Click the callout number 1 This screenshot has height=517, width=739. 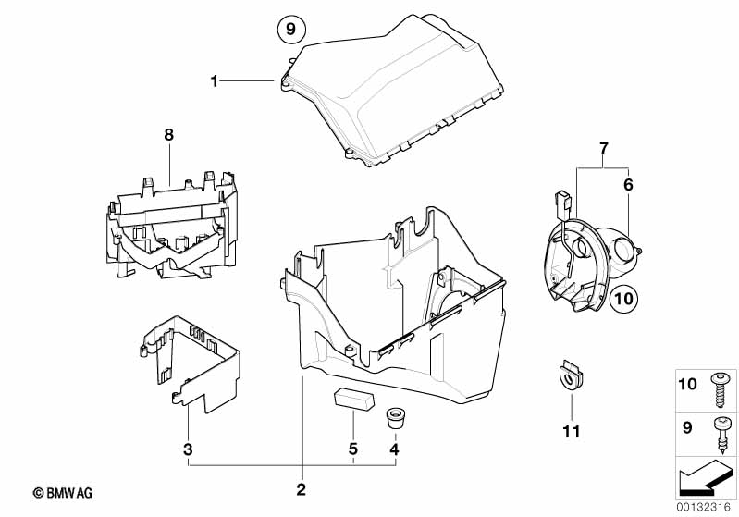click(214, 81)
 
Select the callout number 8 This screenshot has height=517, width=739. click(168, 135)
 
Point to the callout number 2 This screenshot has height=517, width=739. click(302, 488)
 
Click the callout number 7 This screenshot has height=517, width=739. click(603, 148)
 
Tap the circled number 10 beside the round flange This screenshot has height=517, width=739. click(624, 299)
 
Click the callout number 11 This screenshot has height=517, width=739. click(571, 431)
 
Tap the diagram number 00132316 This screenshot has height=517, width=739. click(706, 508)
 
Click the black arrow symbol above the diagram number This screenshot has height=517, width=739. click(705, 481)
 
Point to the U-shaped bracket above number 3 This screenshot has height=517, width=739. click(190, 361)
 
